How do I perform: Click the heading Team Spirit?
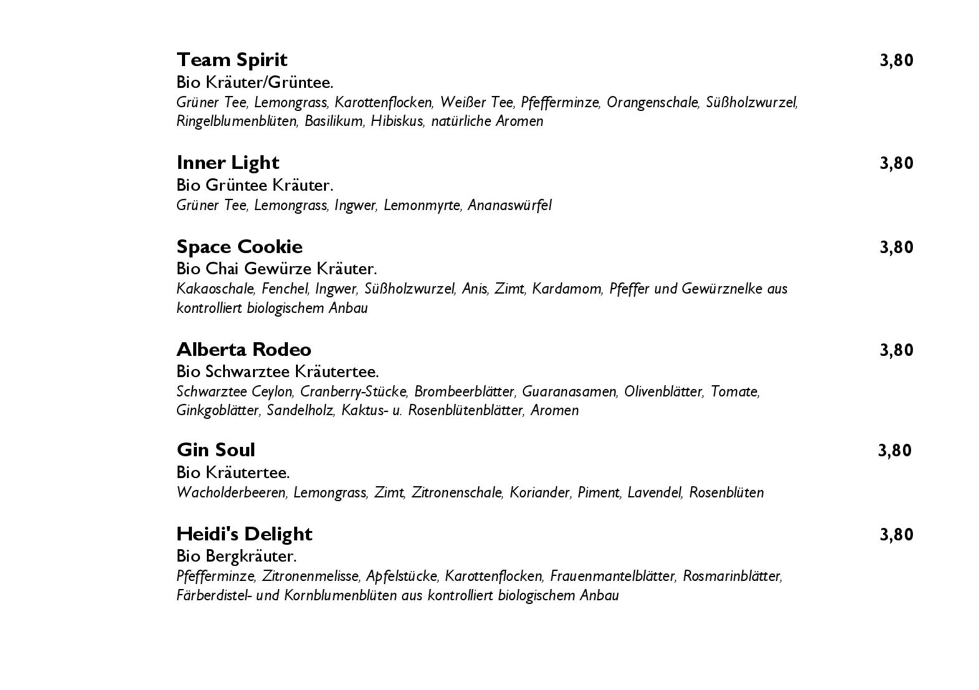pyautogui.click(x=232, y=60)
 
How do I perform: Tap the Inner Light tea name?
pyautogui.click(x=227, y=163)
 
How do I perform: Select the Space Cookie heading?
pyautogui.click(x=239, y=247)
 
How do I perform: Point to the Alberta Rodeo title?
pyautogui.click(x=244, y=350)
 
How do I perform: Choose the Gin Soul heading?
pyautogui.click(x=216, y=450)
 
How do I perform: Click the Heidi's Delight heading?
pyautogui.click(x=244, y=534)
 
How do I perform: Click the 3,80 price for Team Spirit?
pyautogui.click(x=896, y=60)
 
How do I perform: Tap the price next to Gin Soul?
pyautogui.click(x=894, y=451)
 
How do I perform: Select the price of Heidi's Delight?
pyautogui.click(x=896, y=535)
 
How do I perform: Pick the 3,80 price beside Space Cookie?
pyautogui.click(x=896, y=247)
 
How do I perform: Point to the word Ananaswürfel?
pyautogui.click(x=509, y=205)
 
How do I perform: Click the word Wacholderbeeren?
pyautogui.click(x=231, y=492)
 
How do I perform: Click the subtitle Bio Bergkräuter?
pyautogui.click(x=236, y=556)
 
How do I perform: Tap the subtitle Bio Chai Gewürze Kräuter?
pyautogui.click(x=277, y=269)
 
